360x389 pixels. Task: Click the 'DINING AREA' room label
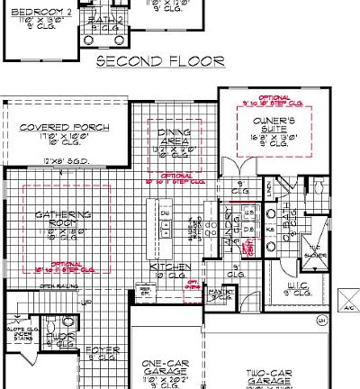pyautogui.click(x=174, y=137)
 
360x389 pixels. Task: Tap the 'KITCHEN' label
pyautogui.click(x=168, y=267)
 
